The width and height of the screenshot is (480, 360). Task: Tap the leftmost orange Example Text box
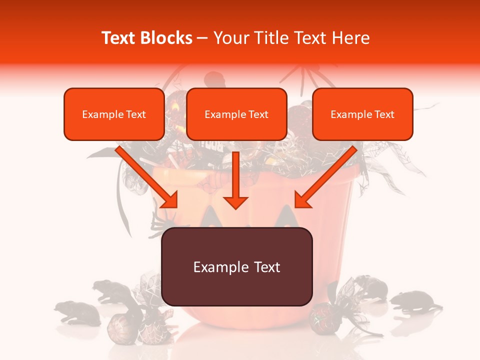click(x=114, y=114)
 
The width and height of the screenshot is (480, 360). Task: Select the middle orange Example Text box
click(x=236, y=114)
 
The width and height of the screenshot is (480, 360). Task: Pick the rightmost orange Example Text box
click(x=362, y=114)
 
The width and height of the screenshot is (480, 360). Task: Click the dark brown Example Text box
click(x=236, y=266)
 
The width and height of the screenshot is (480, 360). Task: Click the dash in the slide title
click(x=202, y=38)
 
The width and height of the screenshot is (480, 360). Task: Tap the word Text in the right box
click(x=383, y=114)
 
